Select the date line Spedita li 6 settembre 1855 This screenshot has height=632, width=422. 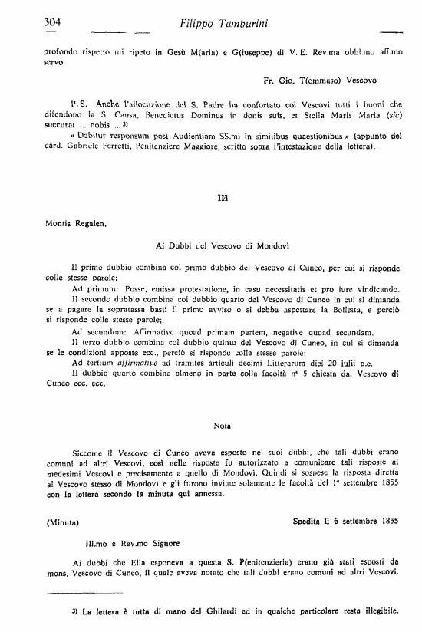click(345, 522)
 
